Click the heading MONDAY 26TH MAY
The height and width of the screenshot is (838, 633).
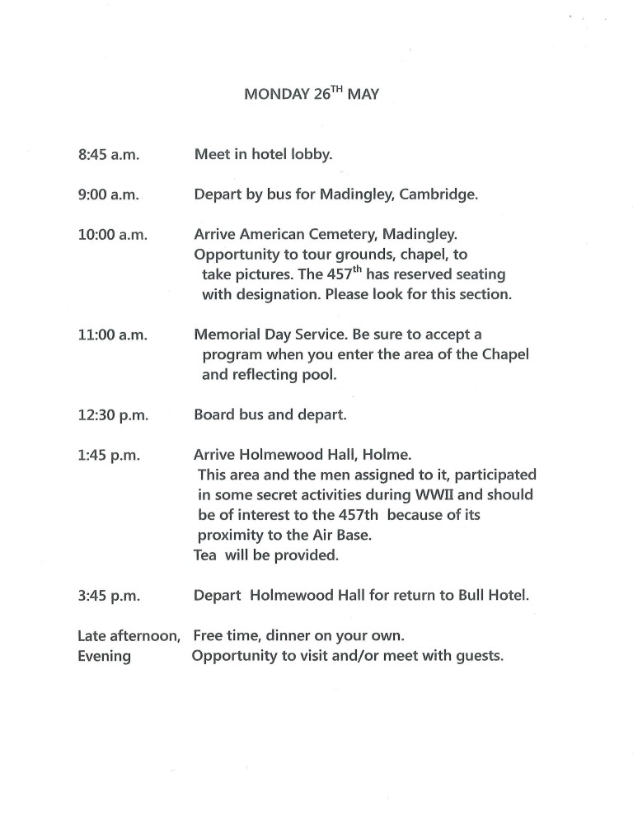[x=311, y=94]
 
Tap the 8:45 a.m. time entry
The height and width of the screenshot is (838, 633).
[x=109, y=154]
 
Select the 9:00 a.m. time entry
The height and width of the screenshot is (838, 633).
[x=109, y=196]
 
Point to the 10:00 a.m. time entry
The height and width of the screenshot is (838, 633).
[x=112, y=235]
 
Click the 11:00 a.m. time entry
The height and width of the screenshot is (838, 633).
[x=112, y=335]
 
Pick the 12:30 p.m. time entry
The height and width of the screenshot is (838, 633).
[x=113, y=415]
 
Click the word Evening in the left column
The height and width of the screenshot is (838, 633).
[x=104, y=657]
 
